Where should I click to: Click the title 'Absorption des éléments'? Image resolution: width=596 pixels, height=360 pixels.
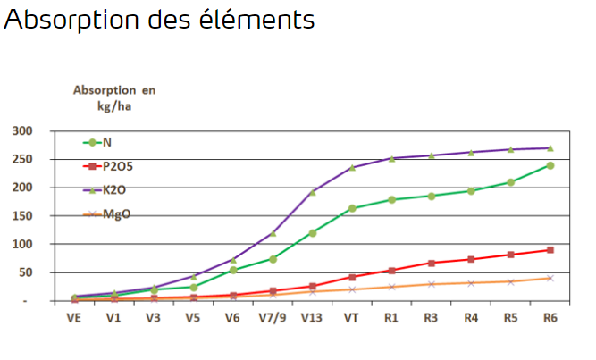[159, 20]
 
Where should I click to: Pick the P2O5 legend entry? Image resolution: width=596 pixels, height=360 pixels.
[116, 165]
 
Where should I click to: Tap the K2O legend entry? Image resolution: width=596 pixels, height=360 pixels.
[113, 188]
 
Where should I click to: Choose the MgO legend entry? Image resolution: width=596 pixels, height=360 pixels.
[113, 213]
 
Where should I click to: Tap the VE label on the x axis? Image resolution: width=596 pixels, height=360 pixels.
[75, 316]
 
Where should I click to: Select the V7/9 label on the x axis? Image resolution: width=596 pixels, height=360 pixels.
[273, 316]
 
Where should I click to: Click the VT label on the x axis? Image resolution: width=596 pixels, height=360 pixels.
[352, 316]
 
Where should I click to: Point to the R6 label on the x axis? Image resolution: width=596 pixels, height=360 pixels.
[550, 316]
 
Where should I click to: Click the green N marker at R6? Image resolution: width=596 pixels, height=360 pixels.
[550, 165]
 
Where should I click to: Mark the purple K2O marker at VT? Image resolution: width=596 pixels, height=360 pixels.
[352, 167]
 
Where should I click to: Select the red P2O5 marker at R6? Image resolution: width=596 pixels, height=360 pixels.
[550, 250]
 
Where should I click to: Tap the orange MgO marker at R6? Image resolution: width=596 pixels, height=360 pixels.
[550, 278]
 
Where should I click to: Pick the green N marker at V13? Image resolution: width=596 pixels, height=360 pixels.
[313, 233]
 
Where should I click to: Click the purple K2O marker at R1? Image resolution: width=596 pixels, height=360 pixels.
[391, 158]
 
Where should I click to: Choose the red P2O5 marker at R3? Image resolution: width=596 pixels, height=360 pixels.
[431, 263]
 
